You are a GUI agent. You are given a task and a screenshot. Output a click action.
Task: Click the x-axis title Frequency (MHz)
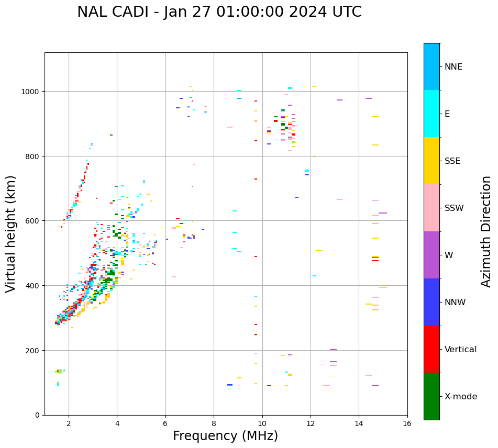pyautogui.click(x=225, y=436)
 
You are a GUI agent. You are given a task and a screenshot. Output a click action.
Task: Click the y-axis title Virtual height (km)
pyautogui.click(x=11, y=234)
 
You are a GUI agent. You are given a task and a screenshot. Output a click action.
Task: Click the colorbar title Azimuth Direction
pyautogui.click(x=486, y=231)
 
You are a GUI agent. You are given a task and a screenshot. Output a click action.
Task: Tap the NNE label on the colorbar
pyautogui.click(x=453, y=67)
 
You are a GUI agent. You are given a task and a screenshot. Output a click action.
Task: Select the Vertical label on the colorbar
pyautogui.click(x=460, y=350)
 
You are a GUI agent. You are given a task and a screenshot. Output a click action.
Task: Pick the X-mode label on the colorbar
pyautogui.click(x=461, y=397)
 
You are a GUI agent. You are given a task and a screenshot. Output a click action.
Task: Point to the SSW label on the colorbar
pyautogui.click(x=454, y=208)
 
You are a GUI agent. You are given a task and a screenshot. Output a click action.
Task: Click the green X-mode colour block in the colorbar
pyautogui.click(x=431, y=396)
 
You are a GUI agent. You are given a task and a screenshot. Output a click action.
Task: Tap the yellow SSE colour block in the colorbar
pyautogui.click(x=431, y=161)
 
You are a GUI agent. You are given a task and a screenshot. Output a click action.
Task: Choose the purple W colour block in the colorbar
pyautogui.click(x=431, y=255)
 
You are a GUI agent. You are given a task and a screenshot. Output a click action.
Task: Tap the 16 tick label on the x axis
pyautogui.click(x=407, y=423)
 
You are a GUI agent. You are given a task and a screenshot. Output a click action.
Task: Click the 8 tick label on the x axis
pyautogui.click(x=214, y=423)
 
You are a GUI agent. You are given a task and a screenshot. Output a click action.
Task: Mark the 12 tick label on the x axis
pyautogui.click(x=311, y=423)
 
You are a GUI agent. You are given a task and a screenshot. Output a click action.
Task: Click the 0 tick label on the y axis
pyautogui.click(x=37, y=415)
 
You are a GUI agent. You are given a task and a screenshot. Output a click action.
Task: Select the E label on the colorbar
pyautogui.click(x=447, y=114)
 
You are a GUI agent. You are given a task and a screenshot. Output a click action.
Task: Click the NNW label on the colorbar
pyautogui.click(x=455, y=303)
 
